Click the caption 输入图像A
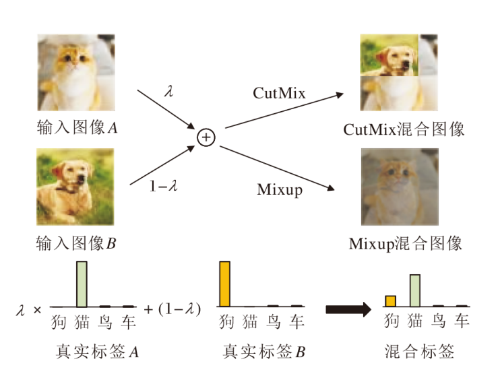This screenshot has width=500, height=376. pyautogui.click(x=77, y=128)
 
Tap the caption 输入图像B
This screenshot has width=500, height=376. pyautogui.click(x=77, y=243)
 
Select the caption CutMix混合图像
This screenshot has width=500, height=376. pyautogui.click(x=404, y=129)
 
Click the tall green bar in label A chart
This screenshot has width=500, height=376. pyautogui.click(x=82, y=283)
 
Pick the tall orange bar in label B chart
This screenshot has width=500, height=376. pyautogui.click(x=225, y=283)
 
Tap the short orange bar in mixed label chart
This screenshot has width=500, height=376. pyautogui.click(x=390, y=301)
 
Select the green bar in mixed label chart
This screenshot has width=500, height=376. pyautogui.click(x=414, y=290)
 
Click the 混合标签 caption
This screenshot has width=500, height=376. pyautogui.click(x=419, y=352)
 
